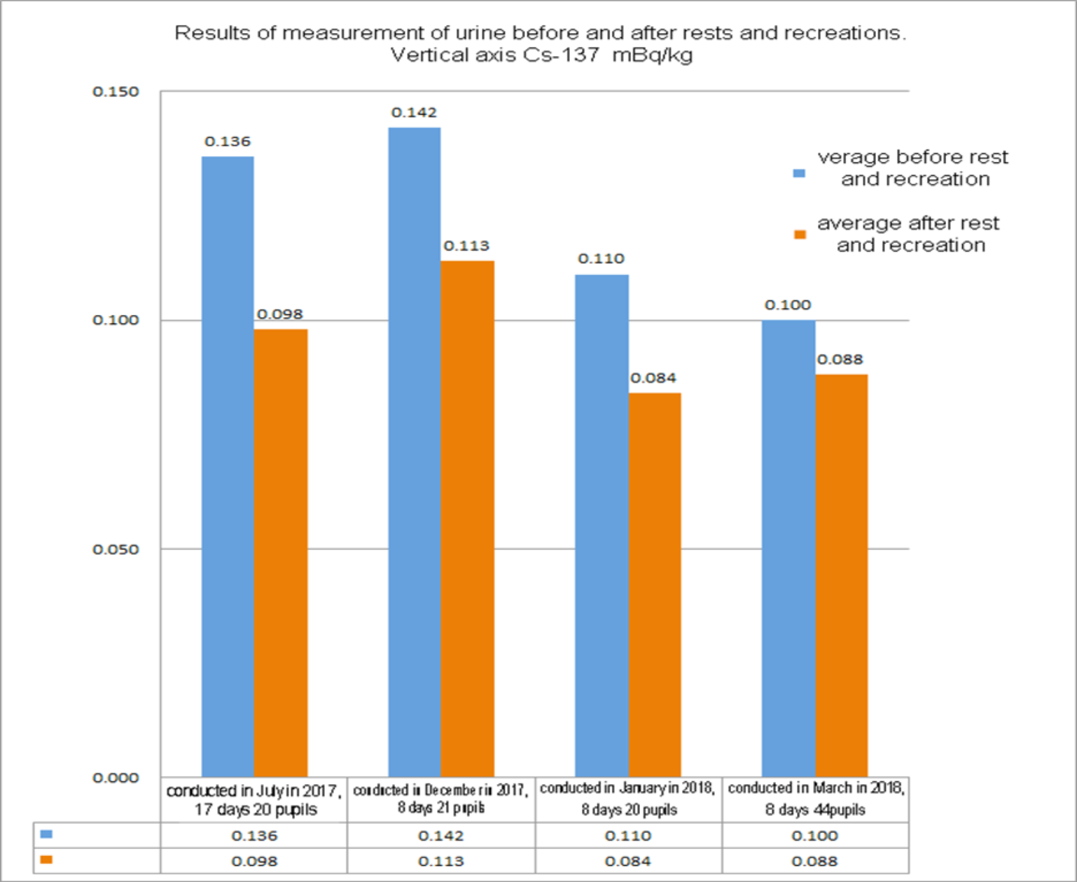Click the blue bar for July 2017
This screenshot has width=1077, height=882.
coord(228,465)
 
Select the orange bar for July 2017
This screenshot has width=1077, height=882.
coord(281,552)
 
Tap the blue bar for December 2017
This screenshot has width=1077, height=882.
coord(415,451)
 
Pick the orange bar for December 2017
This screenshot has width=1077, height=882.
coord(468,518)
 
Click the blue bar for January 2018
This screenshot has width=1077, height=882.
coord(602,525)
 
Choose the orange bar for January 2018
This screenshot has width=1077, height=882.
coord(655,584)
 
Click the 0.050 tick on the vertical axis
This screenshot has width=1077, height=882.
coord(116,549)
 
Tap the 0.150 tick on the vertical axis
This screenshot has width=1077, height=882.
coord(116,92)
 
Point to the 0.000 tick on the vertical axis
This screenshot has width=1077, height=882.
coord(116,778)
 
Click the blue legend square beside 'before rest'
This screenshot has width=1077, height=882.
coord(799,173)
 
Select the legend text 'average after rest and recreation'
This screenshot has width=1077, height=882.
coord(909,234)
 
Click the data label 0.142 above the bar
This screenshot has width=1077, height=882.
coord(414,113)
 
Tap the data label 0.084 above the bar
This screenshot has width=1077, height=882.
coord(653,379)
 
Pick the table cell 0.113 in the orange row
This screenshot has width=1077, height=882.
coord(440,862)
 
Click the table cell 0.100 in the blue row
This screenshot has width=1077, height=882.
coord(814,836)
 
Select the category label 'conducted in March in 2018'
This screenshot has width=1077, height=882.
coord(816,788)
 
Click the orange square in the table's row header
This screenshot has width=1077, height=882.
coord(46,860)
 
